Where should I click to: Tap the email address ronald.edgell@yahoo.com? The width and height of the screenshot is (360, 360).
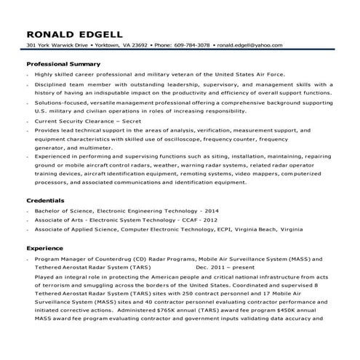(249, 45)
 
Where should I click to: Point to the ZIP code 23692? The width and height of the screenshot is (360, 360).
(139, 45)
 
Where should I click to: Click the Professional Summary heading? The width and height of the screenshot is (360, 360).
(57, 64)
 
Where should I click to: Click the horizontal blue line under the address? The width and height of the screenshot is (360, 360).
(180, 51)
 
